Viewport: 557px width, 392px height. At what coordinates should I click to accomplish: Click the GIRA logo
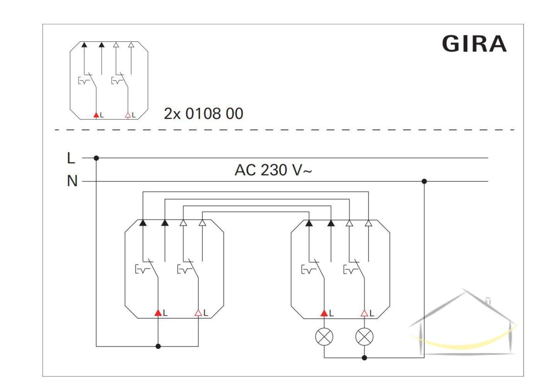(x=474, y=44)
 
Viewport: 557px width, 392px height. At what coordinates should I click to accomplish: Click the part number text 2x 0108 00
(x=203, y=114)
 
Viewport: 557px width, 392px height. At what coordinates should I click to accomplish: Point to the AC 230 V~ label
(x=273, y=170)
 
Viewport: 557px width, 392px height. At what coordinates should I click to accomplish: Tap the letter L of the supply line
(x=71, y=158)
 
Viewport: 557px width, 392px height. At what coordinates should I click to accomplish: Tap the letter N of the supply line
(x=72, y=181)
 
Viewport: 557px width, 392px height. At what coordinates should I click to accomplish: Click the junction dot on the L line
(x=97, y=158)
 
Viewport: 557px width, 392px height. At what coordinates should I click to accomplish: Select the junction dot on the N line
(x=424, y=182)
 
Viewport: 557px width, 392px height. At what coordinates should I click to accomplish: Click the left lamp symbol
(x=324, y=337)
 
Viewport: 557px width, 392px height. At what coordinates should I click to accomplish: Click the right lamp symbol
(x=364, y=337)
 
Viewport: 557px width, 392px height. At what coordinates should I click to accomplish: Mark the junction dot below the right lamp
(x=364, y=358)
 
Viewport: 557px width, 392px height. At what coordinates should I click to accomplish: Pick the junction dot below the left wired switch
(x=158, y=346)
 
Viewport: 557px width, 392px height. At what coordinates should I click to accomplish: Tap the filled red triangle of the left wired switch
(x=158, y=313)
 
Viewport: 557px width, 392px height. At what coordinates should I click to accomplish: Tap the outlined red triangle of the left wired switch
(x=198, y=313)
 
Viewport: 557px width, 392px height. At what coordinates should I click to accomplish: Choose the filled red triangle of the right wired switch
(x=324, y=313)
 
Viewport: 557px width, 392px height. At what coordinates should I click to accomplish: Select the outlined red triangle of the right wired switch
(x=364, y=313)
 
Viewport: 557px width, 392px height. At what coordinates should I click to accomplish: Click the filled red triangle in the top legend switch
(x=96, y=115)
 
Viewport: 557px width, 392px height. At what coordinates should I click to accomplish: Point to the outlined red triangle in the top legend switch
(x=128, y=115)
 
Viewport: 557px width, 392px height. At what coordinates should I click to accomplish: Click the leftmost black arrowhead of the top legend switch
(x=84, y=45)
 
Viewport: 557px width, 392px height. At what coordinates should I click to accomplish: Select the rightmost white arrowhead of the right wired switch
(x=369, y=223)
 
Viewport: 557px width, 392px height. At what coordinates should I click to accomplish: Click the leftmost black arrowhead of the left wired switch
(x=143, y=223)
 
